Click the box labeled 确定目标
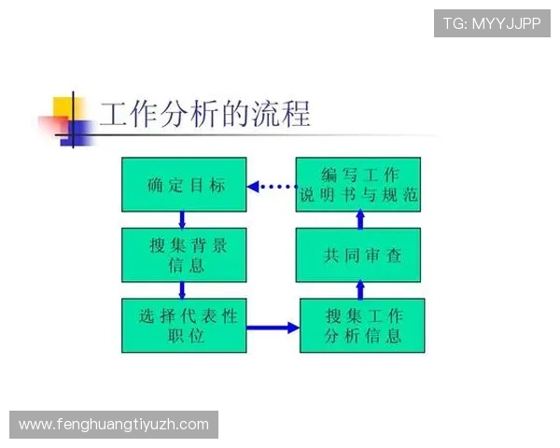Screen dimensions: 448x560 click(x=184, y=184)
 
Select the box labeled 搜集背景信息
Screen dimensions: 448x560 click(x=184, y=255)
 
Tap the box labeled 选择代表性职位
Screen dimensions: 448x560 click(x=184, y=325)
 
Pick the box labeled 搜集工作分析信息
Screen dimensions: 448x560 click(x=362, y=325)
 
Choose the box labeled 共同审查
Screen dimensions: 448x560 click(x=358, y=255)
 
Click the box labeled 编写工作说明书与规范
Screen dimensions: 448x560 click(x=358, y=184)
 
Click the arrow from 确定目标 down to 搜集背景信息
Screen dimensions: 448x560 click(x=182, y=219)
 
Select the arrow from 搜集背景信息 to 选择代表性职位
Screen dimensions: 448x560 click(x=182, y=290)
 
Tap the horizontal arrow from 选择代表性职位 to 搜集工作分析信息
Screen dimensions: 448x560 click(x=273, y=328)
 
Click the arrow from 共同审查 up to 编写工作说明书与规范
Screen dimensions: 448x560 click(x=359, y=219)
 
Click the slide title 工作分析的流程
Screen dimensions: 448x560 click(x=204, y=114)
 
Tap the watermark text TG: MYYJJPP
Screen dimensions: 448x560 click(x=492, y=23)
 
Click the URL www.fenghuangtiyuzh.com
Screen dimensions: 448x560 click(x=114, y=425)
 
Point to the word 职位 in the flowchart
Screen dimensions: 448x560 click(x=184, y=336)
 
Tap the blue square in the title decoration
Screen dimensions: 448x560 click(x=77, y=133)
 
